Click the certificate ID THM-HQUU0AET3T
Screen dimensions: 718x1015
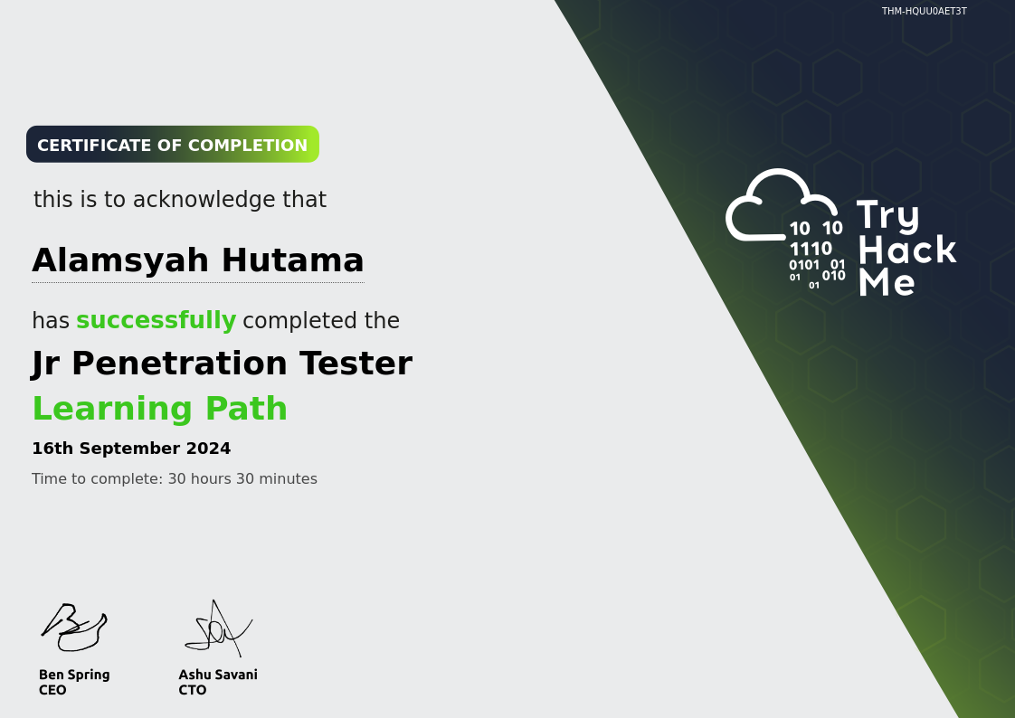[924, 12]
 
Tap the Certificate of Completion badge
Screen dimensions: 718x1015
[172, 145]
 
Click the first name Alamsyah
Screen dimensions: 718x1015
[121, 260]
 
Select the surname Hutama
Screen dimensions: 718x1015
[292, 260]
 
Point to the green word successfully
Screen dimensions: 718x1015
[156, 321]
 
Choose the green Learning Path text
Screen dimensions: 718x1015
[159, 409]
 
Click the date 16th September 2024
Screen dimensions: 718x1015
[131, 449]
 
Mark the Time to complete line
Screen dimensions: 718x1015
[174, 479]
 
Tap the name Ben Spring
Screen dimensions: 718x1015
[74, 675]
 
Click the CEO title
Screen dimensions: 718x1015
[52, 690]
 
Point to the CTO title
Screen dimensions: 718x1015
[192, 690]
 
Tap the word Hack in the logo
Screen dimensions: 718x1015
[906, 250]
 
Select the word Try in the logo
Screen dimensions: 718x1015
[887, 216]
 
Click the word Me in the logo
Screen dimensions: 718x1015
[886, 283]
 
